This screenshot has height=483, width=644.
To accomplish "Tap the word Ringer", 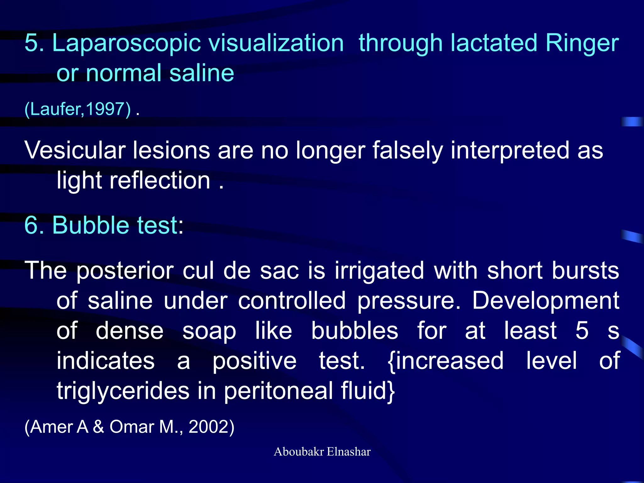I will pyautogui.click(x=582, y=43).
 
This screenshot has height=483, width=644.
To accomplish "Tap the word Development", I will pyautogui.click(x=546, y=301).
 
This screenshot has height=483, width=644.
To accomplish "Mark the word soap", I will pyautogui.click(x=209, y=331).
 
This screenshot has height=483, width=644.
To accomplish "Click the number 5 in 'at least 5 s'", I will pyautogui.click(x=582, y=330).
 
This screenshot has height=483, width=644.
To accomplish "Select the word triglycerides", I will pyautogui.click(x=123, y=391).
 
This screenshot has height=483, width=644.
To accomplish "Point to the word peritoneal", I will pyautogui.click(x=278, y=391).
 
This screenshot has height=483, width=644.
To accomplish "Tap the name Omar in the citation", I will pyautogui.click(x=132, y=427).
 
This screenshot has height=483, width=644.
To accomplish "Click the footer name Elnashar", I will pyautogui.click(x=348, y=452).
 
